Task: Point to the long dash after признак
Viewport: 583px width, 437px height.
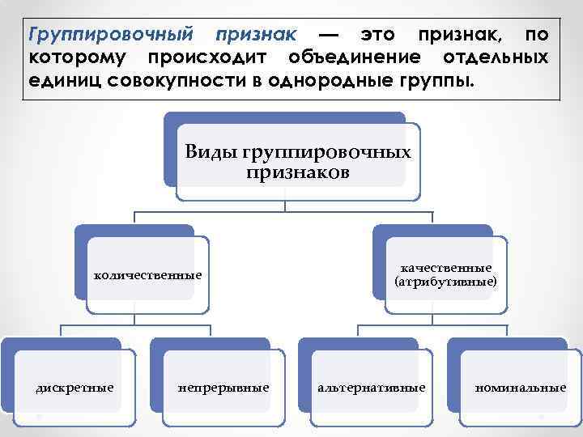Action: [329, 35]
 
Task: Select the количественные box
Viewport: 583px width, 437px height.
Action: [148, 275]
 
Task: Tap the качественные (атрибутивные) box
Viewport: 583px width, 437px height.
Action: [446, 275]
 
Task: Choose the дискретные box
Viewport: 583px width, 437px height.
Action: [74, 388]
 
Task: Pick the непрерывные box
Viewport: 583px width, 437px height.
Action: [223, 388]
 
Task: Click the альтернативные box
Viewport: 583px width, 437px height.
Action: [372, 388]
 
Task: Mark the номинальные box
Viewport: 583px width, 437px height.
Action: [521, 388]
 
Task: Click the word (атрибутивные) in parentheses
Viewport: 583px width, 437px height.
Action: [446, 282]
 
